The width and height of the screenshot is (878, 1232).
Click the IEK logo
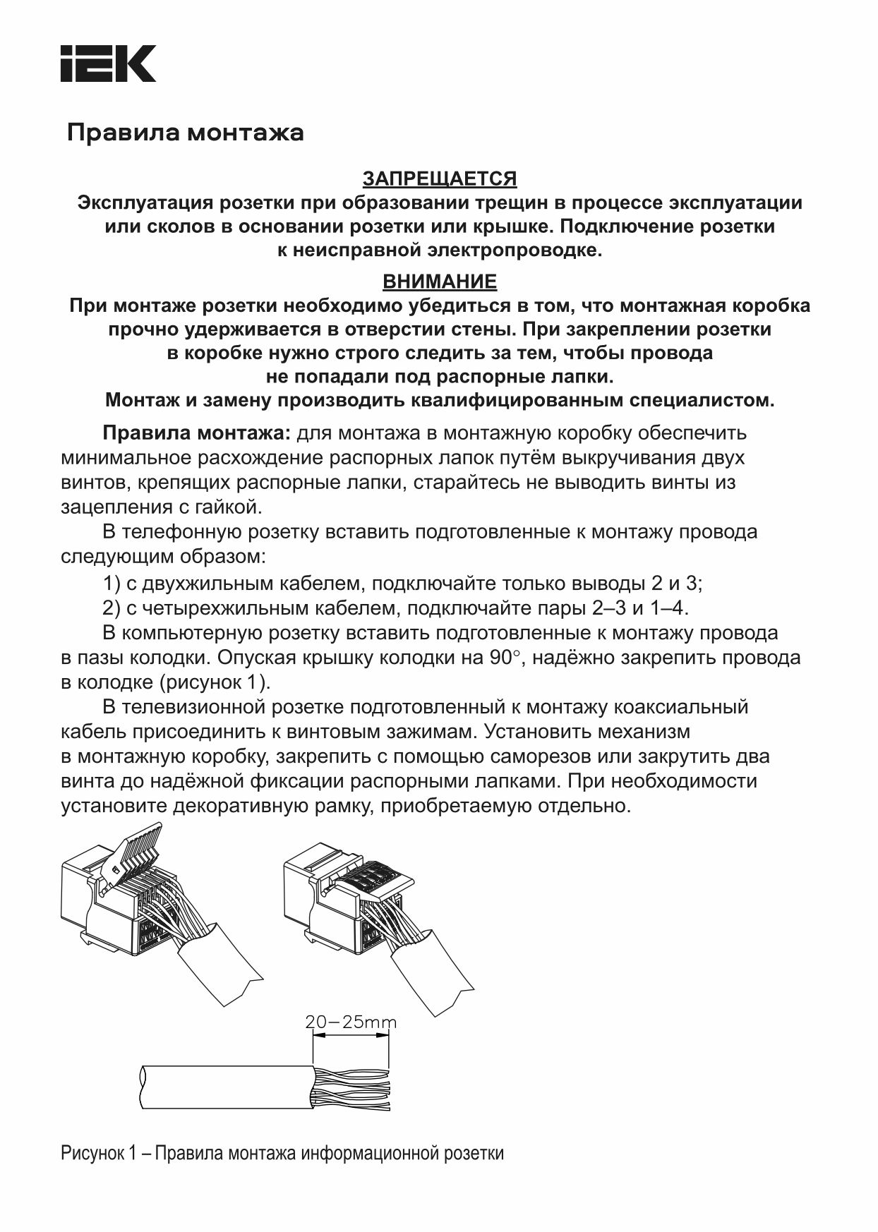click(x=108, y=64)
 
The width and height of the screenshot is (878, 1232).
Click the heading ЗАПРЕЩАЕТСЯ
click(x=439, y=179)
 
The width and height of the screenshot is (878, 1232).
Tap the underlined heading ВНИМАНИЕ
click(x=439, y=282)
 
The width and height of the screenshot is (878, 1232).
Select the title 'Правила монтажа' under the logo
click(x=186, y=133)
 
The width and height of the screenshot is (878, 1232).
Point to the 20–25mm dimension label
click(x=351, y=1022)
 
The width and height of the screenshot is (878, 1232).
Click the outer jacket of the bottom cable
click(x=226, y=1087)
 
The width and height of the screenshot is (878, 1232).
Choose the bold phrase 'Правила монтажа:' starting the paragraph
click(x=196, y=433)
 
